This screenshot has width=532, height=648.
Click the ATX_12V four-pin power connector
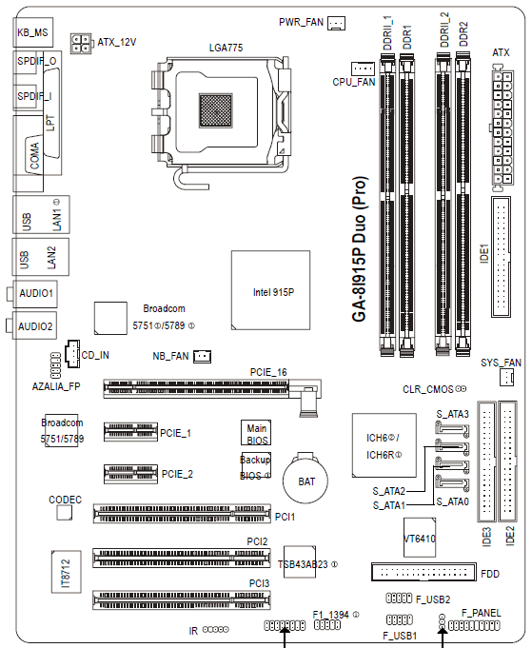[x=81, y=44]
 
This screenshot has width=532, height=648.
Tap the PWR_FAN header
[x=336, y=23]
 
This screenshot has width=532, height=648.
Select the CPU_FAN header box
[x=363, y=69]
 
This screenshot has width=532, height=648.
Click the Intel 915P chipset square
[x=270, y=290]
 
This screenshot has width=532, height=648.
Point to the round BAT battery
[x=305, y=481]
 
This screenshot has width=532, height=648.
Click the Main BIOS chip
[x=256, y=433]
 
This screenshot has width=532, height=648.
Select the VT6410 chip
[x=420, y=538]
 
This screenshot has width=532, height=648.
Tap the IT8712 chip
[x=66, y=572]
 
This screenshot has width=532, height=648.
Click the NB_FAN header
[x=203, y=356]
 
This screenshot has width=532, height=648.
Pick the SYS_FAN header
[x=507, y=378]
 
